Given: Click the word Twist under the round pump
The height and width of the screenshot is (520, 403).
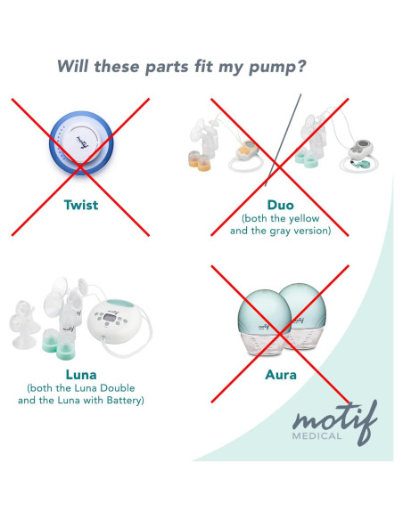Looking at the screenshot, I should pos(81,205).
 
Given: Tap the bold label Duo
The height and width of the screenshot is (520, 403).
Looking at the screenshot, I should pos(280,205).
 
